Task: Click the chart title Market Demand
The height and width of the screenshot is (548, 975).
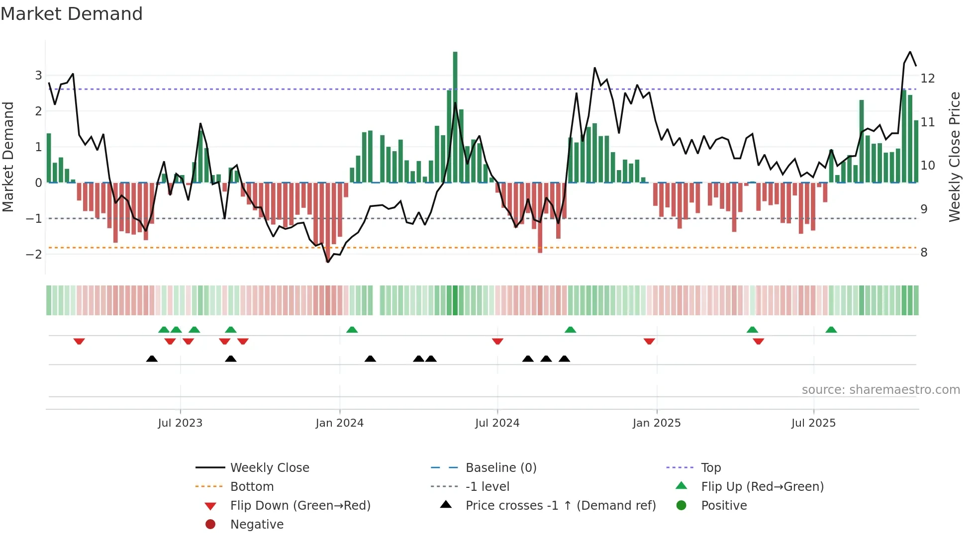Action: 72,14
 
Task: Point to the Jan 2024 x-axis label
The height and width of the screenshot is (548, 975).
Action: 339,423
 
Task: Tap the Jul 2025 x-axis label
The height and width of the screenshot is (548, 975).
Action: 813,423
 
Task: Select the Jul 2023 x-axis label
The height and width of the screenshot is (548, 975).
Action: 180,423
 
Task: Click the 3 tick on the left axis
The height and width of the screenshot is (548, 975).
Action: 38,76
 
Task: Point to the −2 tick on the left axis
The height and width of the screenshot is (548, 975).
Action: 34,254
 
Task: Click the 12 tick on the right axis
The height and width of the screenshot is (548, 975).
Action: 928,79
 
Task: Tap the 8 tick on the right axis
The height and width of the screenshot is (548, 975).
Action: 924,253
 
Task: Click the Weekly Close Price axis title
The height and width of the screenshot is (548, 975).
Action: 954,157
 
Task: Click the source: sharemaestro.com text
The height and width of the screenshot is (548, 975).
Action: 880,390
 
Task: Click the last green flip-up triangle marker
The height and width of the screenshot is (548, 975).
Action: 831,330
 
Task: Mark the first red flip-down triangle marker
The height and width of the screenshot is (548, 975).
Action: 79,341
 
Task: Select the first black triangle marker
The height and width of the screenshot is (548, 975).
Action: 152,359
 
